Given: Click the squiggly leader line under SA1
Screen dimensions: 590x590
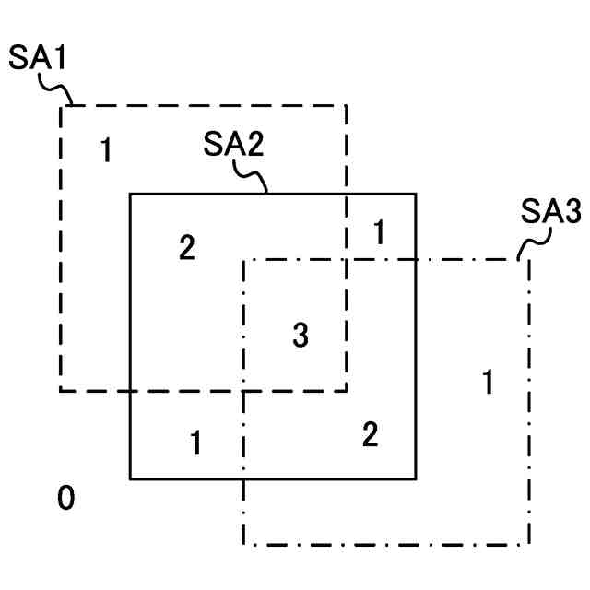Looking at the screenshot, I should (x=58, y=90).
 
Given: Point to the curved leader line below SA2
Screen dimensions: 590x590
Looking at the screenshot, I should (x=252, y=176).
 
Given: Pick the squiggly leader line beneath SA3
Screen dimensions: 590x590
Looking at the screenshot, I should (x=533, y=244).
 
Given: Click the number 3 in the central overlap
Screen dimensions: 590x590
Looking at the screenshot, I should (x=300, y=336).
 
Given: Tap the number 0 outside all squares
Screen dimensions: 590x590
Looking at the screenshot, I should (x=65, y=499).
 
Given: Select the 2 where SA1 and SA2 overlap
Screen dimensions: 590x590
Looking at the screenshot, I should (x=187, y=248).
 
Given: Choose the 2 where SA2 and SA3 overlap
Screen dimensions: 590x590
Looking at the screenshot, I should (x=370, y=434).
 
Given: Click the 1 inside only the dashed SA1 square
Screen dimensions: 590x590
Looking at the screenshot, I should (x=107, y=149).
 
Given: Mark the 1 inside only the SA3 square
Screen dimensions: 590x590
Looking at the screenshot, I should (x=488, y=381).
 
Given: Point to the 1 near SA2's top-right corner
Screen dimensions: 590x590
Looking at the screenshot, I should (x=378, y=233).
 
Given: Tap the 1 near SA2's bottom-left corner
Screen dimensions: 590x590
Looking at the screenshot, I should (x=195, y=443).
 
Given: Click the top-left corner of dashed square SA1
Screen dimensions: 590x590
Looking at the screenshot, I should (x=61, y=105).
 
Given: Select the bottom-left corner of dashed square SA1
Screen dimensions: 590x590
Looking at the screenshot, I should (x=61, y=391).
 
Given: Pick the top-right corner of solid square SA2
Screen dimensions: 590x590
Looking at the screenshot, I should (x=416, y=194).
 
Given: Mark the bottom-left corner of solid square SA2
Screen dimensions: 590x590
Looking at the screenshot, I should (x=130, y=478).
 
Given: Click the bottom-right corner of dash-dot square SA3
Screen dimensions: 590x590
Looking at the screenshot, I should (x=529, y=544).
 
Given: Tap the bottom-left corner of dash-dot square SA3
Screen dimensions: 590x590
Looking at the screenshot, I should (x=243, y=544).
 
